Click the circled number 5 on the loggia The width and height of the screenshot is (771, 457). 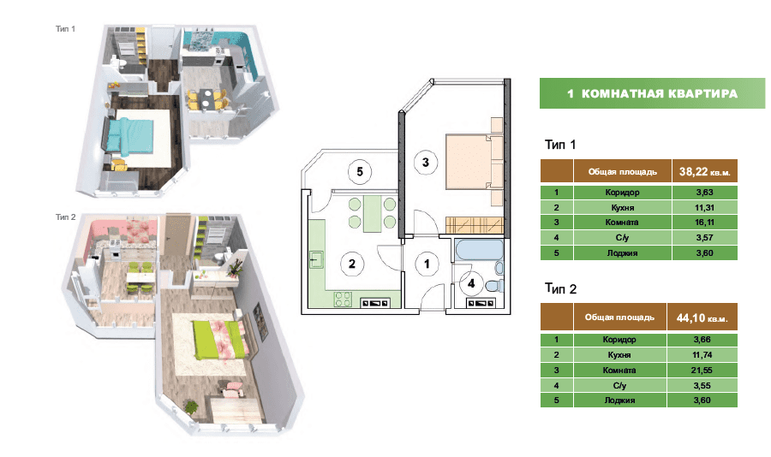360,171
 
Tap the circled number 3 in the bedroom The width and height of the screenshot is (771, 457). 425,162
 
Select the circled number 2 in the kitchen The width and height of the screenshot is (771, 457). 352,264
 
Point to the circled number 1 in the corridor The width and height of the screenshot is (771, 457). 427,264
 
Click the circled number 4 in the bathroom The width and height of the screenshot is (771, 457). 471,283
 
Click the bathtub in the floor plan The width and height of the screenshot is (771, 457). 480,250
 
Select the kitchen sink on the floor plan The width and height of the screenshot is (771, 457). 316,259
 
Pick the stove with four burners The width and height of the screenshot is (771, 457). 343,300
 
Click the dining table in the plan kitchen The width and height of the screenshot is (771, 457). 373,214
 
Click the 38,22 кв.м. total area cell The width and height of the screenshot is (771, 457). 705,171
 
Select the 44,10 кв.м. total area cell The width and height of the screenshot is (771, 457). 702,318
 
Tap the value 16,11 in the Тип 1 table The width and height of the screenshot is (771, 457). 705,223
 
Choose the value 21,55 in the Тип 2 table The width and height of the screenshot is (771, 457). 702,370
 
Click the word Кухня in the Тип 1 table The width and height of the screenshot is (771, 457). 622,207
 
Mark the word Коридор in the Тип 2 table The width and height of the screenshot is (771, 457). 619,340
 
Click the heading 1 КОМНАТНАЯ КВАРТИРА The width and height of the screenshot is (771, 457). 652,93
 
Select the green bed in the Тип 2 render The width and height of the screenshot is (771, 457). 218,339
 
